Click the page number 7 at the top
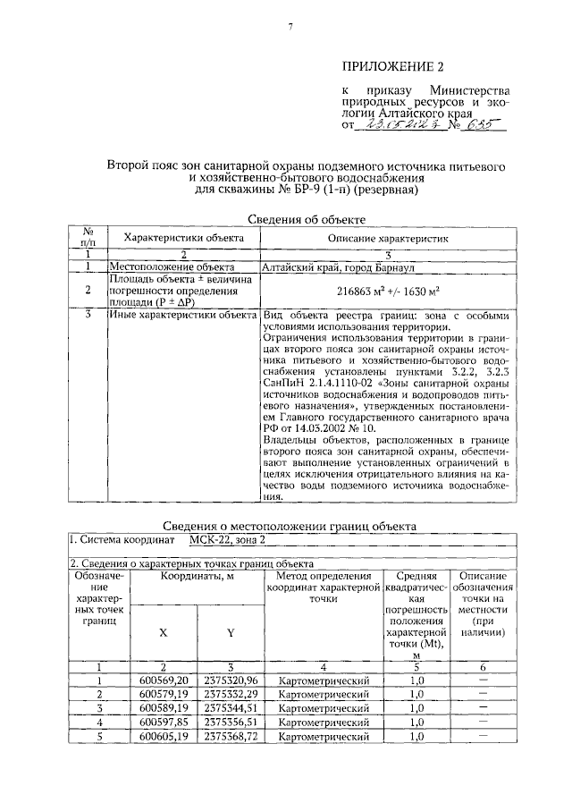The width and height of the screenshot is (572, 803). pyautogui.click(x=290, y=28)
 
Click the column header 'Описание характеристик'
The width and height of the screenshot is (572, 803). pyautogui.click(x=387, y=239)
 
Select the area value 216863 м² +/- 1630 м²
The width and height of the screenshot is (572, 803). pyautogui.click(x=387, y=291)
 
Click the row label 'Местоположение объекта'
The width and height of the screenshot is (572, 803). pyautogui.click(x=164, y=266)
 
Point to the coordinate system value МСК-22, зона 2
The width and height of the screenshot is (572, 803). pyautogui.click(x=227, y=540)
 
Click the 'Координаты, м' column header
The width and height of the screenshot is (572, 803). pyautogui.click(x=198, y=578)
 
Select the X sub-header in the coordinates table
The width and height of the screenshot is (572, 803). pyautogui.click(x=164, y=631)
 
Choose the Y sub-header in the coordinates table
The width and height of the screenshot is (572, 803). pyautogui.click(x=230, y=631)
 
